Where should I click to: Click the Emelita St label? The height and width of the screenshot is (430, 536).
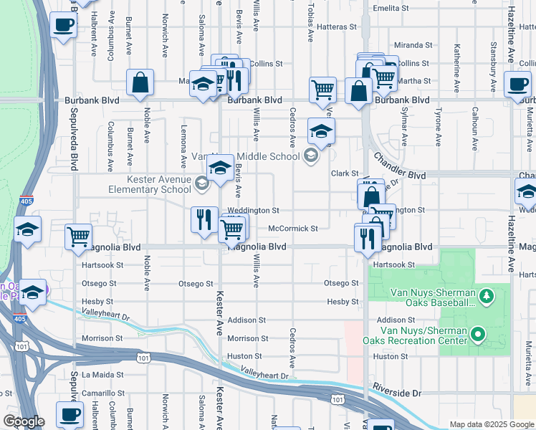tap(391, 9)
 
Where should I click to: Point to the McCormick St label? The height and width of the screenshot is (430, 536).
tap(292, 229)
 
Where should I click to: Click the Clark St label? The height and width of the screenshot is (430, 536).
tap(344, 173)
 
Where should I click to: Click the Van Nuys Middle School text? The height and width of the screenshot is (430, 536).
tap(245, 156)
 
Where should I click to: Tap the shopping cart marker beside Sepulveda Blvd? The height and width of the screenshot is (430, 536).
tap(78, 236)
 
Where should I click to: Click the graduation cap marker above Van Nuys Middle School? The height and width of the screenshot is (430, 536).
tap(321, 130)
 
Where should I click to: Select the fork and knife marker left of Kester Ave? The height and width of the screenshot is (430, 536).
tap(204, 218)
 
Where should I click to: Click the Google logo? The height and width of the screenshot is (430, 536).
tap(24, 421)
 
